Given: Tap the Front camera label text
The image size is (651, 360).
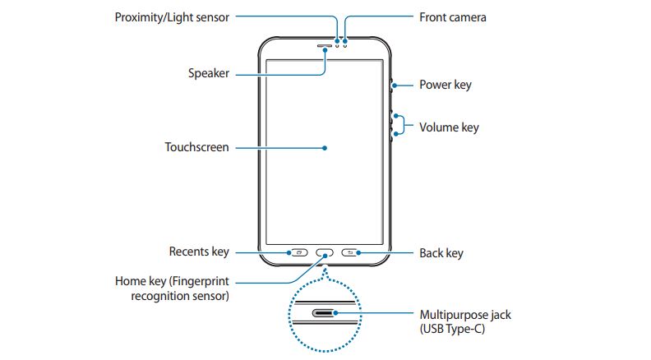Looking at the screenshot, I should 452,16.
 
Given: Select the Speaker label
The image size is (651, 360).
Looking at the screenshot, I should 208,73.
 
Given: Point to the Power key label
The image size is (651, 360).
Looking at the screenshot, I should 445,84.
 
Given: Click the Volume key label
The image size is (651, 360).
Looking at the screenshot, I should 448,127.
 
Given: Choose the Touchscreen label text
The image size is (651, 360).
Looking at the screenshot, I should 196,148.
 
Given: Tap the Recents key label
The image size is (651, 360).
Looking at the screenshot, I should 199,252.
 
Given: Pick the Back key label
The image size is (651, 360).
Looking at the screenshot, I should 441,253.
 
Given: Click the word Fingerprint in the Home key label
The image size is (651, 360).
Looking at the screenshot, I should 202,280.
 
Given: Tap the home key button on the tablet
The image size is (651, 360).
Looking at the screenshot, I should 325,253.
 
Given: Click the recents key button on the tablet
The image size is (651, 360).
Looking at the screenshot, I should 298,253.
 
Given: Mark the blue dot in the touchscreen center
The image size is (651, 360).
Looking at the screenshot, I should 325,148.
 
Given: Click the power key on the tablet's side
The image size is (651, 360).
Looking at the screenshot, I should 390,84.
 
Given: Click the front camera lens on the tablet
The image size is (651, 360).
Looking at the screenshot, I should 345,44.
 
